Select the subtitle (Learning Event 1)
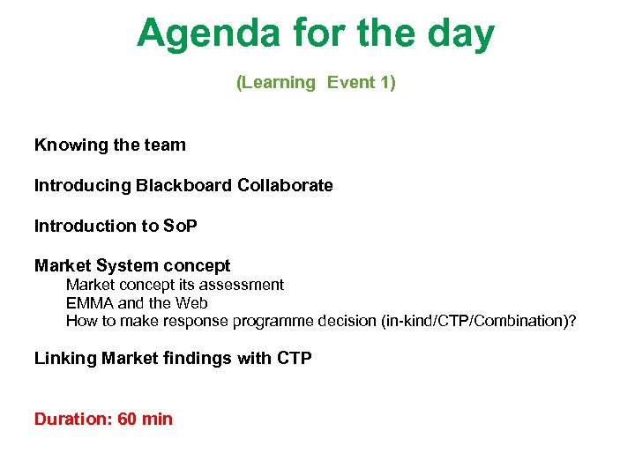tap(316, 83)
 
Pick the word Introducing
tap(82, 185)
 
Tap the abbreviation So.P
tap(181, 226)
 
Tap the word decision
tap(347, 321)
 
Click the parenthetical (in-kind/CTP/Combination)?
tap(478, 321)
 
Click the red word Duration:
tap(73, 419)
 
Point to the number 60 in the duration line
tap(127, 419)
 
